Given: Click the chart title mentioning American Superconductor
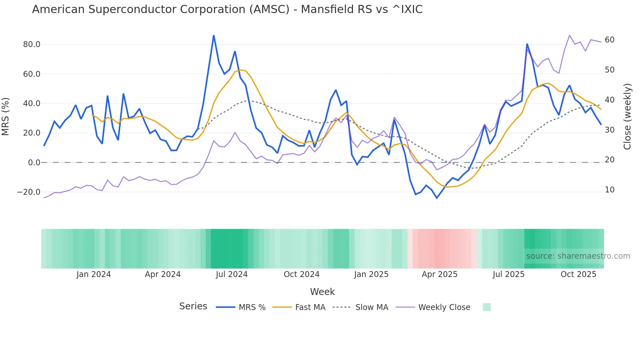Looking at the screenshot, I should tap(227, 9).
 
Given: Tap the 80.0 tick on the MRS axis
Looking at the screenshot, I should tap(32, 44).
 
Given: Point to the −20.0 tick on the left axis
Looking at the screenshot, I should tap(29, 192).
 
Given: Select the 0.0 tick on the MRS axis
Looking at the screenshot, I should tap(34, 163).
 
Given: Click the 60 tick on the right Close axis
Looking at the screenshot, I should tap(609, 40).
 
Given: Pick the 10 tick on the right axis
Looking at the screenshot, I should tap(609, 190).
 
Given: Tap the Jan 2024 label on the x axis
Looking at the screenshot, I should tap(94, 274).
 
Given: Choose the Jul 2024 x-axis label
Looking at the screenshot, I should tap(232, 274).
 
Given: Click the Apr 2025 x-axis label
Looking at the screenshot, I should tap(440, 274).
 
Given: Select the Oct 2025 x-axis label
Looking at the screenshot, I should tap(578, 274).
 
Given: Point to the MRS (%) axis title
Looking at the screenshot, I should tap(6, 116).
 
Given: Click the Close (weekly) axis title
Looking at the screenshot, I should tap(627, 116).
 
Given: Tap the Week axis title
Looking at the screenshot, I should tap(322, 292).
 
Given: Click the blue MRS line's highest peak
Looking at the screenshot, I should tap(214, 35).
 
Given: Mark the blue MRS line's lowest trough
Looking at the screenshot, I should tap(437, 198).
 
